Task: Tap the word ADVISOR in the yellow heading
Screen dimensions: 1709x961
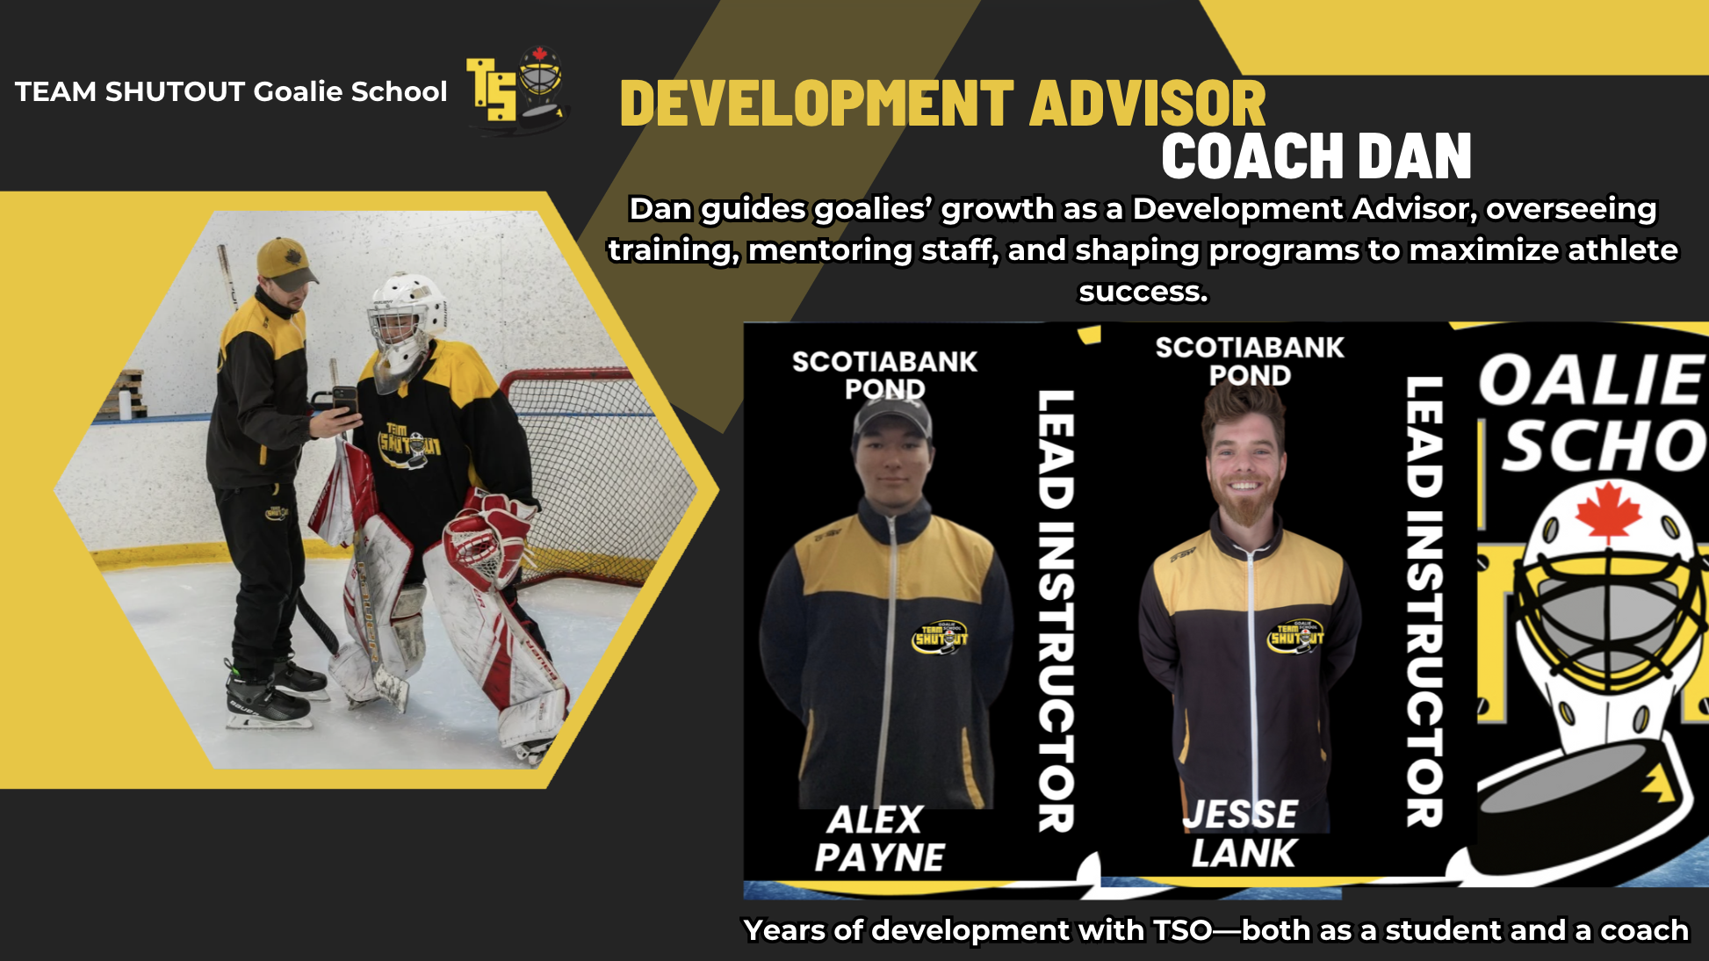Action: (x=1148, y=104)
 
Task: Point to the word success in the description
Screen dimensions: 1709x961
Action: (x=1143, y=291)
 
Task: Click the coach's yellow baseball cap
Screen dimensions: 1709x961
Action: (x=286, y=263)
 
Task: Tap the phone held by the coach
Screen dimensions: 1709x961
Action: (x=344, y=401)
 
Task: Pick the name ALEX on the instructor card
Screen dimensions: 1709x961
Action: (x=875, y=820)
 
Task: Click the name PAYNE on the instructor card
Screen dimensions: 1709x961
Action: (x=880, y=857)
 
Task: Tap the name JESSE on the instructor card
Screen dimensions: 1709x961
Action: (x=1241, y=814)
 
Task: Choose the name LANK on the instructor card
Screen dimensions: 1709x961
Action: (x=1244, y=853)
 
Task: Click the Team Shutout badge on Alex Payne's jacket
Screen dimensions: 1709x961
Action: (x=941, y=636)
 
